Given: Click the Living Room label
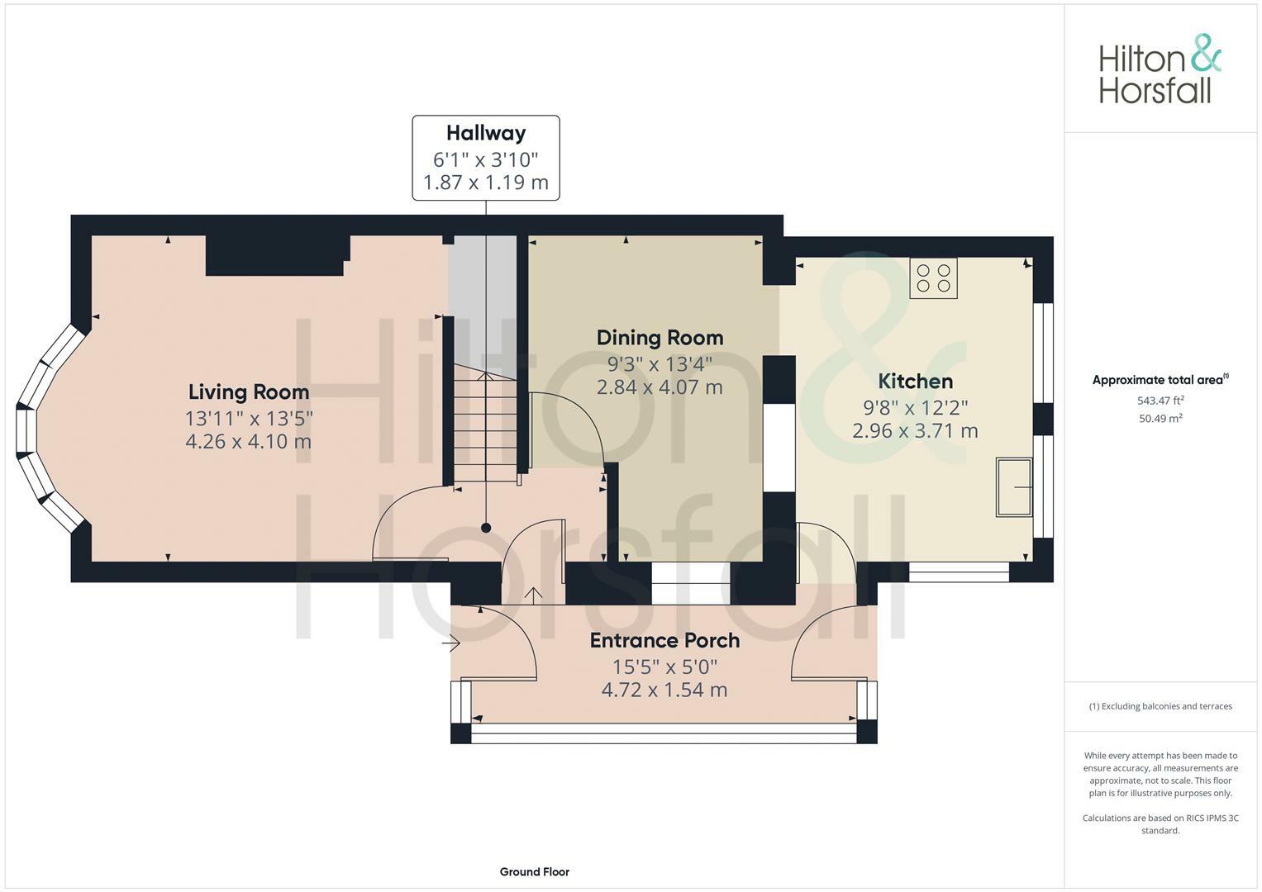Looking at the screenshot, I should click(248, 392).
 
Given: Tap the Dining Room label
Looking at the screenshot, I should click(660, 338).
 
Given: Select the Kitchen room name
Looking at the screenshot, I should click(915, 382).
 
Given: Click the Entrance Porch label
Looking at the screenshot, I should click(664, 641).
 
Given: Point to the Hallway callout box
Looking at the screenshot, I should click(486, 158).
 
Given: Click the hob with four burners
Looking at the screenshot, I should click(933, 278).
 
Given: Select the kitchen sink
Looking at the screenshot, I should click(1014, 487).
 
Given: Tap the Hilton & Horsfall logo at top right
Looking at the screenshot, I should click(1159, 69).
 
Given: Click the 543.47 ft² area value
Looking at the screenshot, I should click(1160, 401).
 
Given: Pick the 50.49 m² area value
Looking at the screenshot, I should click(1160, 419).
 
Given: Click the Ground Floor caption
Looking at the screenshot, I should click(534, 871).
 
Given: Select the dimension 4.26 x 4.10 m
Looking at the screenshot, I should click(248, 442).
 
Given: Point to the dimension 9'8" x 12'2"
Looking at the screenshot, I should click(915, 407).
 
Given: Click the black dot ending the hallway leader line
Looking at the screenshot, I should click(486, 528).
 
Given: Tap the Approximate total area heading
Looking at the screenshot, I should click(1160, 380).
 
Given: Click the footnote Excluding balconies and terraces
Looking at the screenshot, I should click(1160, 706).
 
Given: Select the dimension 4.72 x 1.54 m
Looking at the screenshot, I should click(664, 690).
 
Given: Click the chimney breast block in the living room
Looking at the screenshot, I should click(275, 256).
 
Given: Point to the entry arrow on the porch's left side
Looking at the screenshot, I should click(451, 643).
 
